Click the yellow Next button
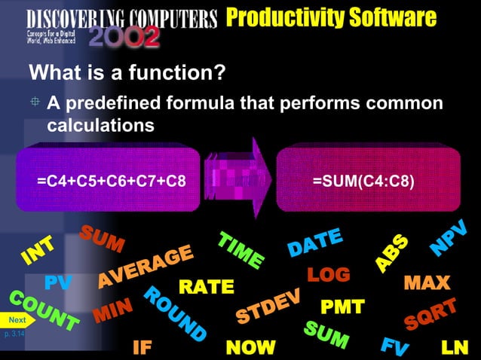coord(17,320)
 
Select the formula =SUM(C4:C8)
coord(363,182)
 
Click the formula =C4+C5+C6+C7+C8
coord(112,182)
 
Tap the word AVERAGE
coord(145,267)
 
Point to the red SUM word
coord(103,239)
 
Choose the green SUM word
coord(326,334)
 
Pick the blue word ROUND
coord(174,313)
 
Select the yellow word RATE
coord(206,287)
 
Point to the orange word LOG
coord(329,274)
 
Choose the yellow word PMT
coord(342,307)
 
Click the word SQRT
coord(430,315)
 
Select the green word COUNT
coord(44,310)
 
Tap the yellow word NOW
coord(251,347)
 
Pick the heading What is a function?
coord(127,74)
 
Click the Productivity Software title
coord(331,17)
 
